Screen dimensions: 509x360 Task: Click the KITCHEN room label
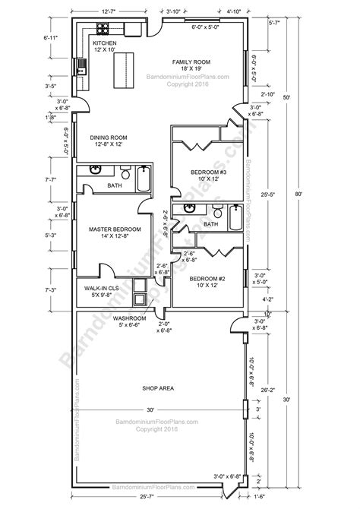click(x=105, y=44)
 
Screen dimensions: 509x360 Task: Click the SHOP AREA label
click(x=158, y=388)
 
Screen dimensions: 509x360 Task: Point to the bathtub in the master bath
click(x=143, y=179)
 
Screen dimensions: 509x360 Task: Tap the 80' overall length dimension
click(x=300, y=194)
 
